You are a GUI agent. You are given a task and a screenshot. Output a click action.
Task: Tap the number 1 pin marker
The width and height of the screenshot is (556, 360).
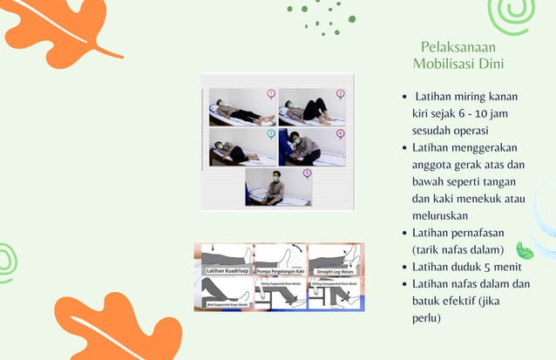tap(271, 93)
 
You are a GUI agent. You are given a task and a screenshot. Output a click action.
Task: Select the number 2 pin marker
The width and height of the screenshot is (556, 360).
tap(340, 93)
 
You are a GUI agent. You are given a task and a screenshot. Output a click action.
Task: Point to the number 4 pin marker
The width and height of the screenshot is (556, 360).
tap(340, 133)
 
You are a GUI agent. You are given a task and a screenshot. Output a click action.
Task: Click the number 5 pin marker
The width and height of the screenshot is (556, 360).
tap(307, 173)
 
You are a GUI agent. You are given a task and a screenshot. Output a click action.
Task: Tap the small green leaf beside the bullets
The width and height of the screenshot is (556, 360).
tap(525, 251)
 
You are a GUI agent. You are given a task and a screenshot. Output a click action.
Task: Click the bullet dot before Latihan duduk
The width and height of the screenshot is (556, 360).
tap(403, 267)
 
